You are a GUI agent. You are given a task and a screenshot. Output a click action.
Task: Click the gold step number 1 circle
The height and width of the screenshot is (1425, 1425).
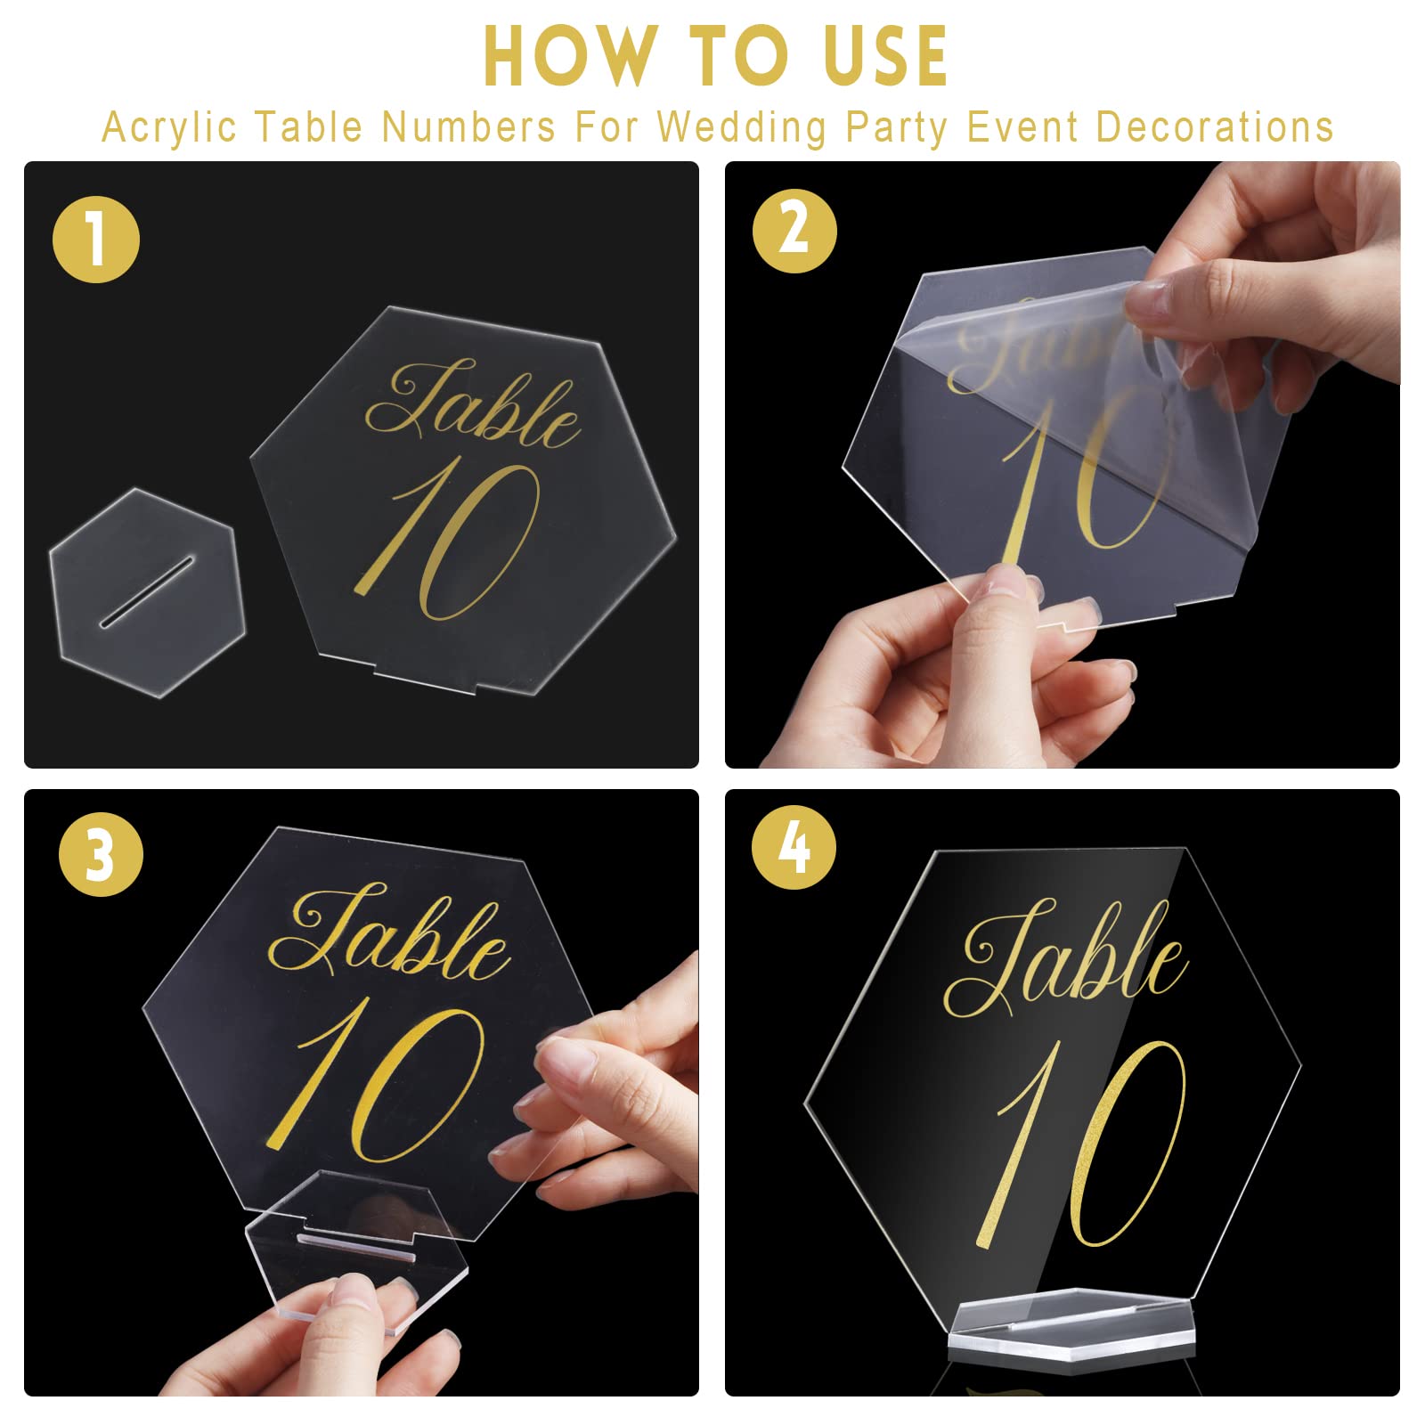point(96,240)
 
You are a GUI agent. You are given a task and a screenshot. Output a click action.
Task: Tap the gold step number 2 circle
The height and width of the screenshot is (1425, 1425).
point(794,231)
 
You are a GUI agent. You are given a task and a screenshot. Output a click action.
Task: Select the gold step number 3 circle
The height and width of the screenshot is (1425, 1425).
point(101,853)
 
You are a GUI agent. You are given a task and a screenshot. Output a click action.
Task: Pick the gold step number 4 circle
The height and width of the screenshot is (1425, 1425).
point(794,847)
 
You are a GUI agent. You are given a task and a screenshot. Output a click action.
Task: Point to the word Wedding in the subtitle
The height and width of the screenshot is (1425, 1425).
point(742,127)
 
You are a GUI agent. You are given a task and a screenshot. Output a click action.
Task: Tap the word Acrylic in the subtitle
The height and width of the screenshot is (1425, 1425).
point(169,127)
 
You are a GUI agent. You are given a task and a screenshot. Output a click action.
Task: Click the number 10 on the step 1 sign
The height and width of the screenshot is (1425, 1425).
point(454,539)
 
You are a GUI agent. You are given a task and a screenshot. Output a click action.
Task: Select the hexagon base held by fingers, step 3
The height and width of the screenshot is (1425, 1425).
point(356,1247)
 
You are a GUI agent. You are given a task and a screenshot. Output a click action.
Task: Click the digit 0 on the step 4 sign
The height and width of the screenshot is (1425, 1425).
point(1127,1144)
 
